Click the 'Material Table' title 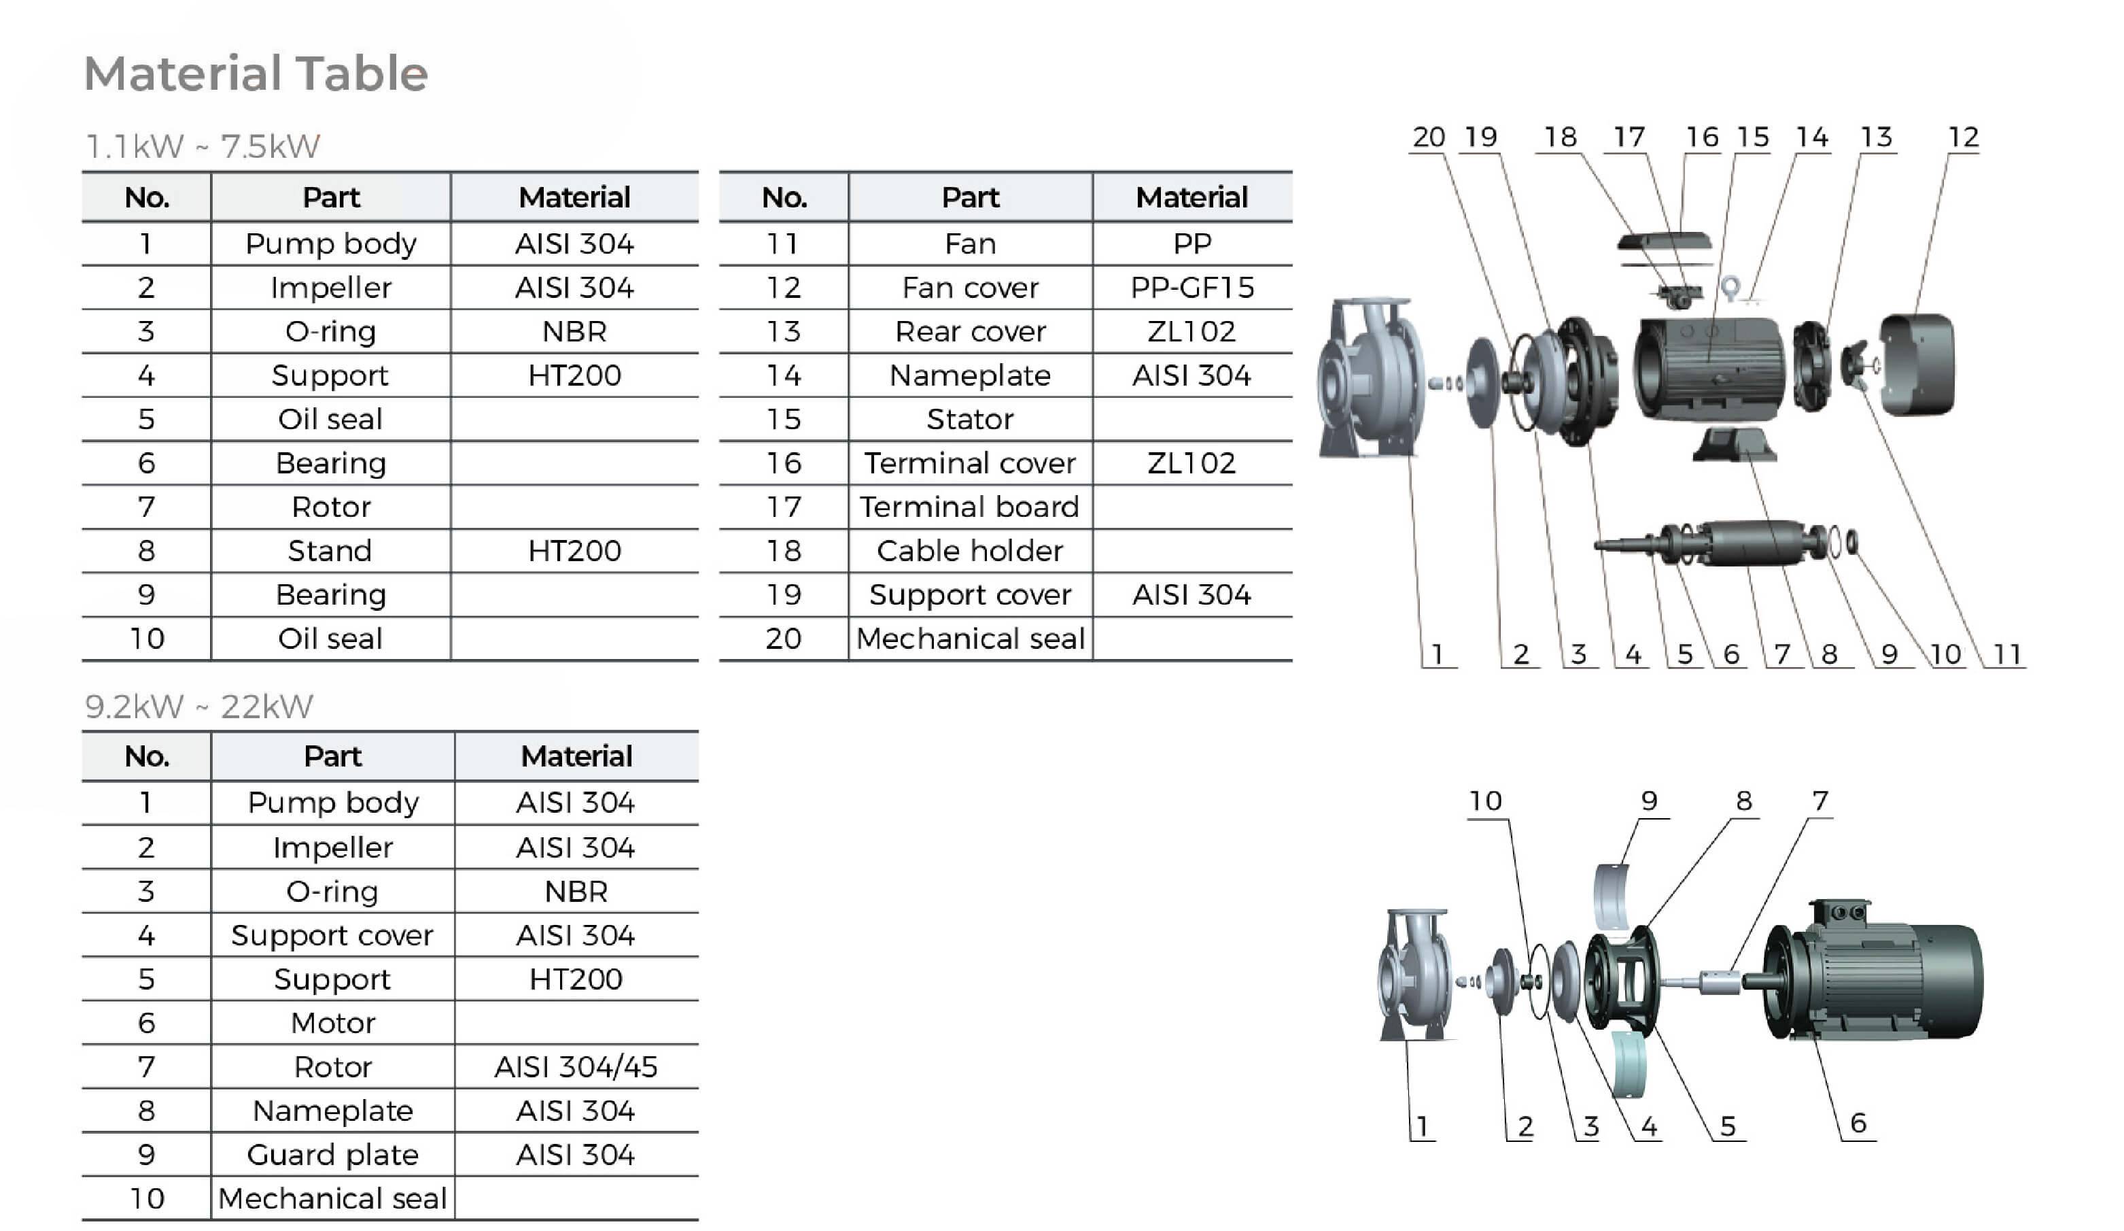[x=256, y=73]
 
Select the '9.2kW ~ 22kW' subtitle [x=199, y=707]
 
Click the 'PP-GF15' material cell [x=1191, y=288]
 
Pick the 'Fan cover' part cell [x=970, y=288]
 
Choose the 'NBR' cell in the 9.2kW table [x=576, y=891]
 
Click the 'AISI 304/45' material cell [x=576, y=1066]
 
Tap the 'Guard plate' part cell [x=332, y=1154]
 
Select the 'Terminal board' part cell [x=969, y=507]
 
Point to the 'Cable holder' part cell [x=969, y=551]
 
